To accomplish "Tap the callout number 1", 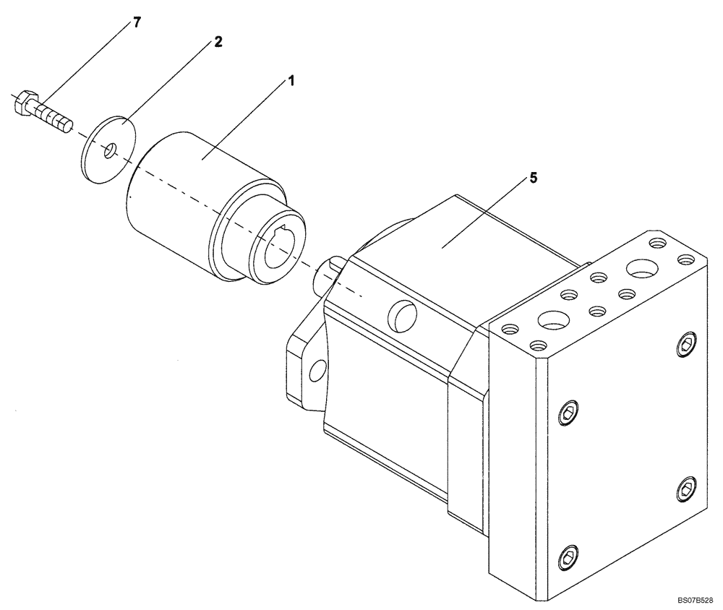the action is (291, 81).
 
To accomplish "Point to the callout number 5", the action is (533, 178).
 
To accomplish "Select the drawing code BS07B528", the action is (696, 601).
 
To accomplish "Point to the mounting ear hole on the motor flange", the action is (315, 371).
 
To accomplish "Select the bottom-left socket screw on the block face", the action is (569, 559).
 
